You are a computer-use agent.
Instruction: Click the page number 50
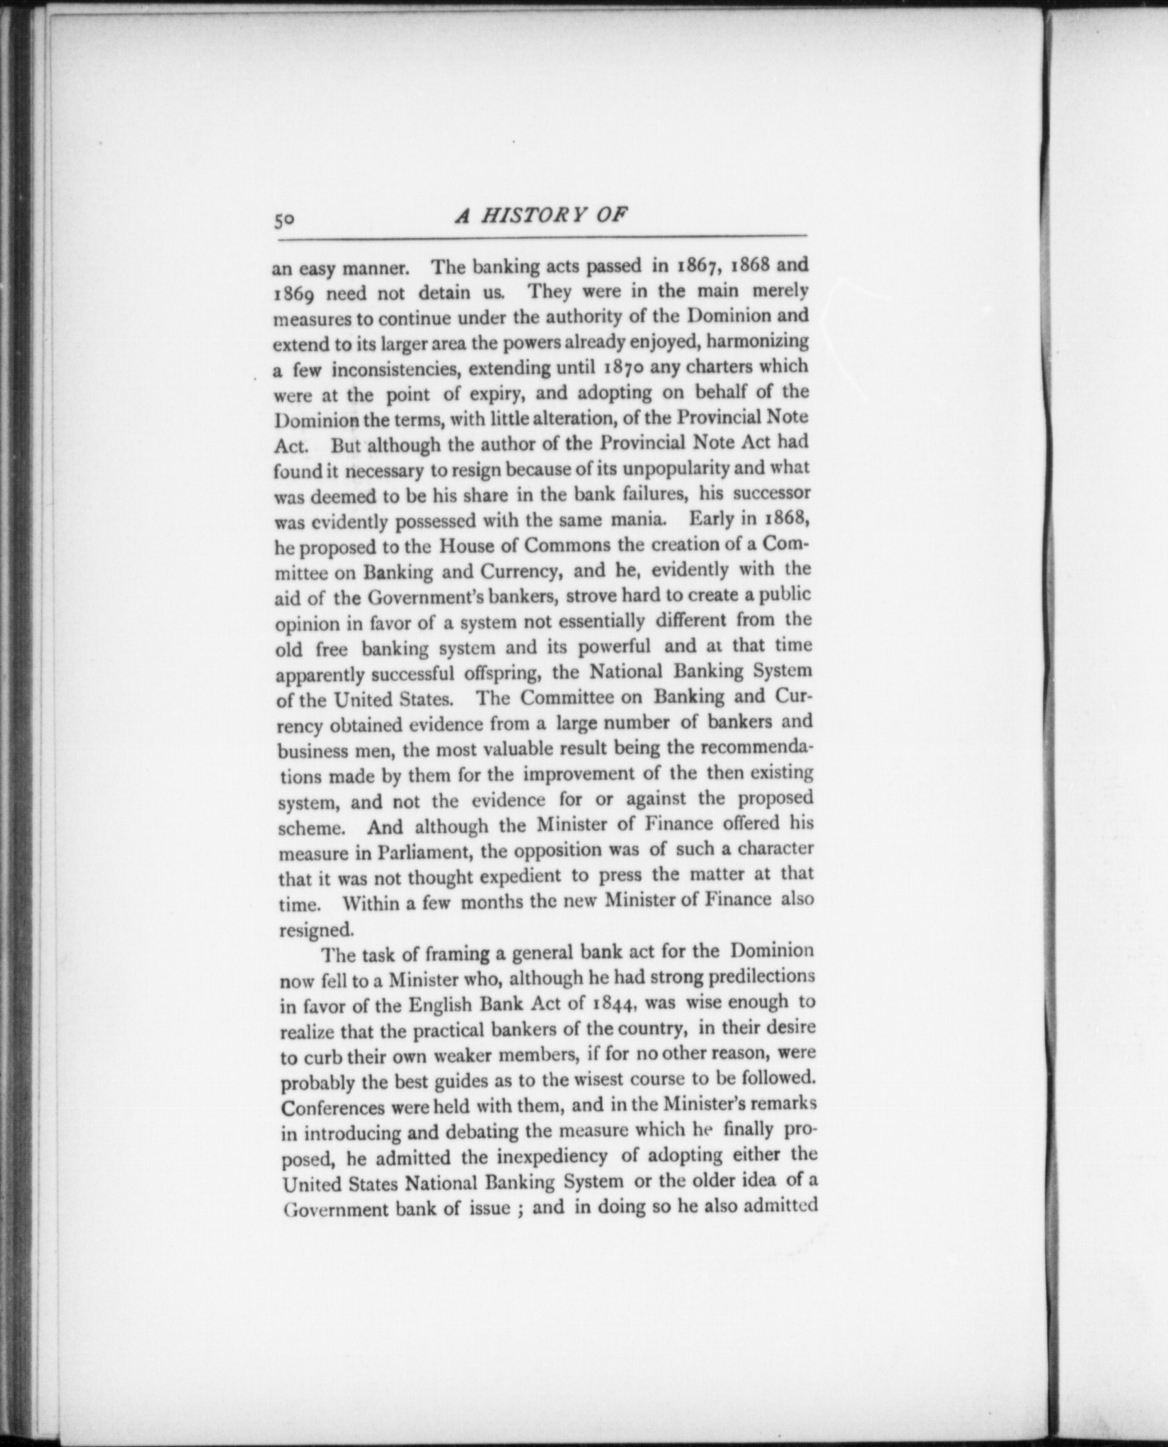tap(284, 220)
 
